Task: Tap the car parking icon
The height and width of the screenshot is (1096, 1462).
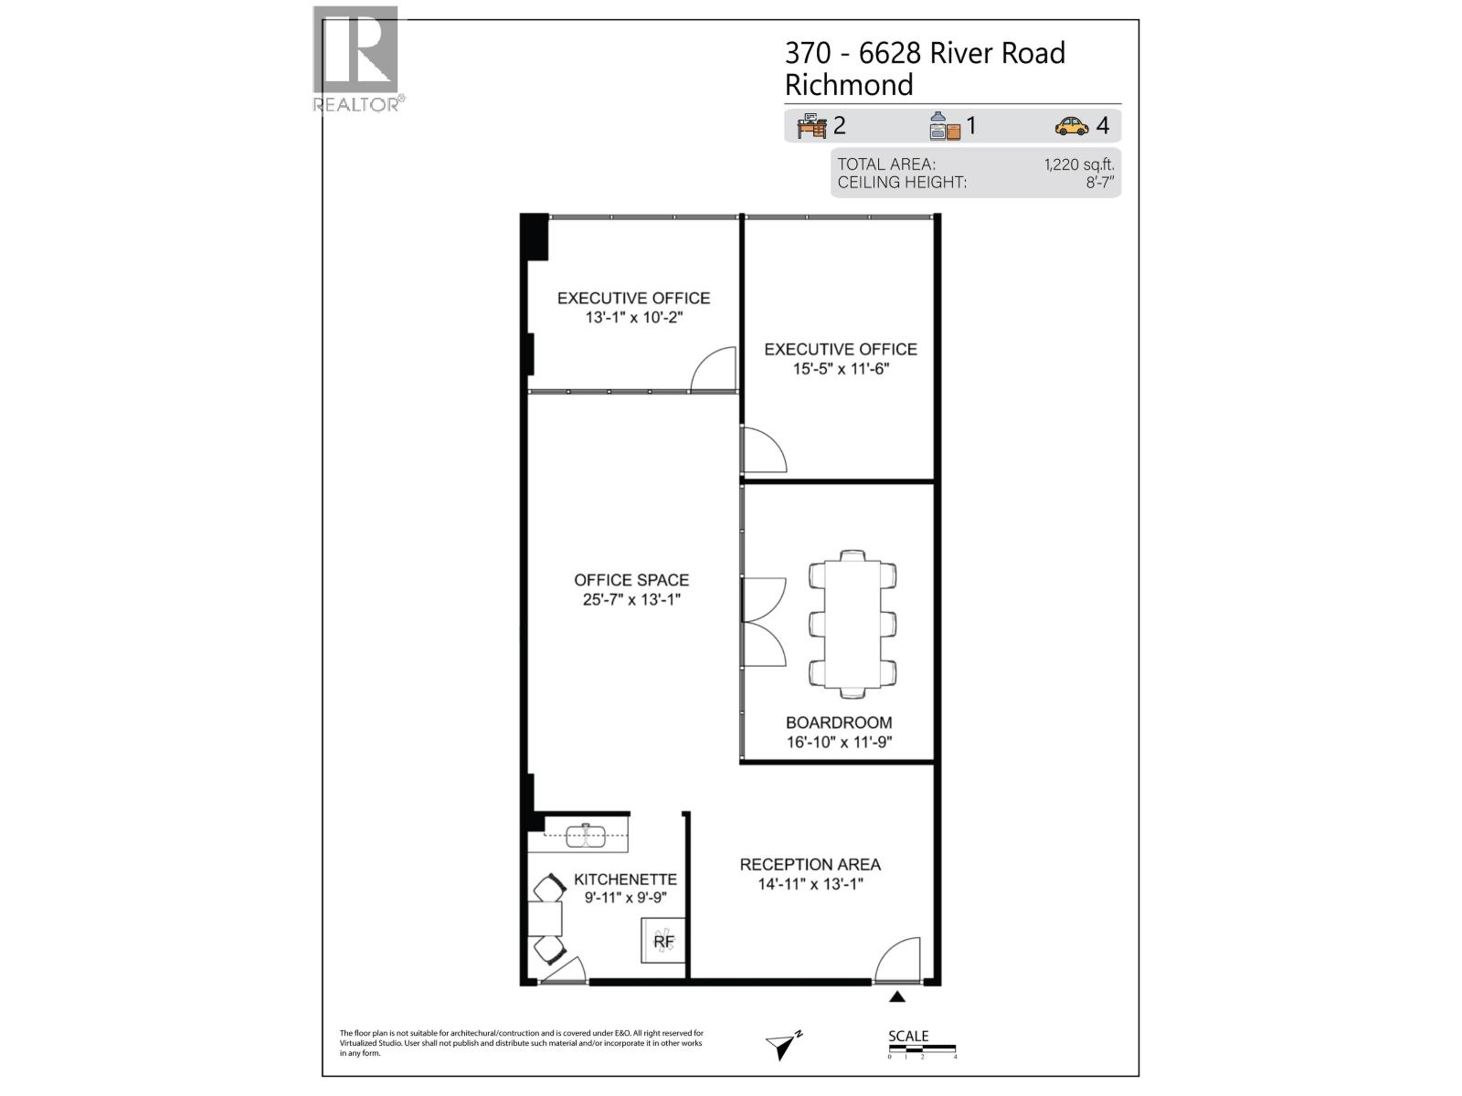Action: tap(1071, 126)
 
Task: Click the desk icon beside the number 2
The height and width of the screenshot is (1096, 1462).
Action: tap(811, 126)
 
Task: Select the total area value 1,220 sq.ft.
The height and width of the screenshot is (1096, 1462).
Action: tap(1079, 164)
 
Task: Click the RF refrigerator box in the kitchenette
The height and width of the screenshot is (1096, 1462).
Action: tap(663, 941)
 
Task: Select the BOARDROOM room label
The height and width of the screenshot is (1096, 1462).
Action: tap(839, 722)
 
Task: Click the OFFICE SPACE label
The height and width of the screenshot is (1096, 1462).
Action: tap(631, 580)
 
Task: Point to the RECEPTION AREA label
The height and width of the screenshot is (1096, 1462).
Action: tap(810, 864)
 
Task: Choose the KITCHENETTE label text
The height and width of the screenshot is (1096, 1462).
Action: tap(625, 880)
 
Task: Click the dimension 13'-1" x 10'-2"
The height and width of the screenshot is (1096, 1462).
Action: tap(634, 318)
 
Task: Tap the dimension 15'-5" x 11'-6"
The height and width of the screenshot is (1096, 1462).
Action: tap(841, 369)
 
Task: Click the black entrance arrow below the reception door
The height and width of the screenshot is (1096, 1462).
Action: tap(897, 997)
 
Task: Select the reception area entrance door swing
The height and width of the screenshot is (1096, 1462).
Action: tap(899, 961)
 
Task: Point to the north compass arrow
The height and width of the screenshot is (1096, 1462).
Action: tap(784, 1045)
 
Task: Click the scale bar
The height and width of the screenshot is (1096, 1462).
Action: tap(921, 1047)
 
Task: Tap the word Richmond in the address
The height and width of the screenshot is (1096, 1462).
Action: tap(849, 85)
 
